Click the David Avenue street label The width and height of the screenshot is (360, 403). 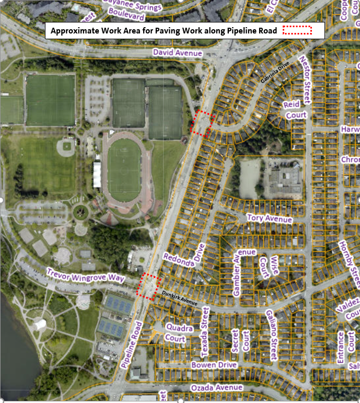[177, 53]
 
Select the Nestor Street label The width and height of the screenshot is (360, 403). [306, 79]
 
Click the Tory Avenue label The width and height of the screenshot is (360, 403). [270, 217]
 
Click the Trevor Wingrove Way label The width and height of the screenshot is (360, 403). [86, 275]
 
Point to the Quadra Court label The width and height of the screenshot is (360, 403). [176, 332]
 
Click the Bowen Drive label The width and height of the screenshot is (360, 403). [214, 365]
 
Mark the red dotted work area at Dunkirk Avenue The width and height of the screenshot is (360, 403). [148, 286]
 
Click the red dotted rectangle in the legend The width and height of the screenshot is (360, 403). [297, 31]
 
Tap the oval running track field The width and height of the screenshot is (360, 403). [124, 168]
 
